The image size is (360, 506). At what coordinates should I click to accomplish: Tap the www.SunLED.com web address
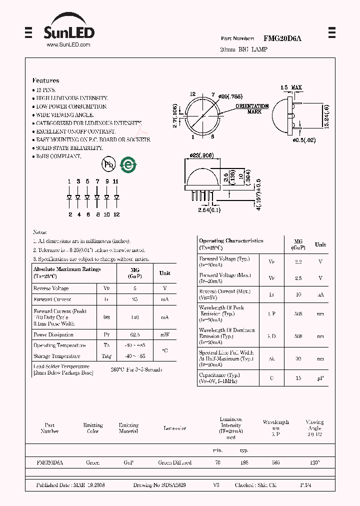coord(68,45)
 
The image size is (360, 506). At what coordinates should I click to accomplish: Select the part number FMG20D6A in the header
coord(282,38)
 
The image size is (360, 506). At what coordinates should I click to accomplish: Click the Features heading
coord(45,80)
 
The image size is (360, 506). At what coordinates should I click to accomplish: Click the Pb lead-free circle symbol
coord(108,164)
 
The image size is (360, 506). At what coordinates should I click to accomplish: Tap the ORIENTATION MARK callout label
coord(252,108)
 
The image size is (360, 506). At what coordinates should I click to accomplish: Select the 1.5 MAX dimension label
coord(291,88)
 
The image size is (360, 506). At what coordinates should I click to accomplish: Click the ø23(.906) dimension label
coord(202,155)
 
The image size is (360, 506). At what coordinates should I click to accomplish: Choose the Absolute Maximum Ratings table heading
coord(67,269)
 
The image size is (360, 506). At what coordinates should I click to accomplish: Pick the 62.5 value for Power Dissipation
coord(135,334)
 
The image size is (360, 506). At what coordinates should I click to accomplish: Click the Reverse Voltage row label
coord(51,288)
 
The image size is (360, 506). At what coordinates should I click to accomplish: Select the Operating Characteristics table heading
coord(231,240)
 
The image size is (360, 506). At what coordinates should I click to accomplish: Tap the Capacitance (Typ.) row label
coord(219,375)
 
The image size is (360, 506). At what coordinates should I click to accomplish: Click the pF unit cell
coord(320,378)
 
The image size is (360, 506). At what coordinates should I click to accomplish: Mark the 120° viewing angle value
coord(314,463)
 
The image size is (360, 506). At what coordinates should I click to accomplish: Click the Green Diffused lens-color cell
coord(174,463)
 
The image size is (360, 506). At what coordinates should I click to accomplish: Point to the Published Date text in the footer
coord(70,485)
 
